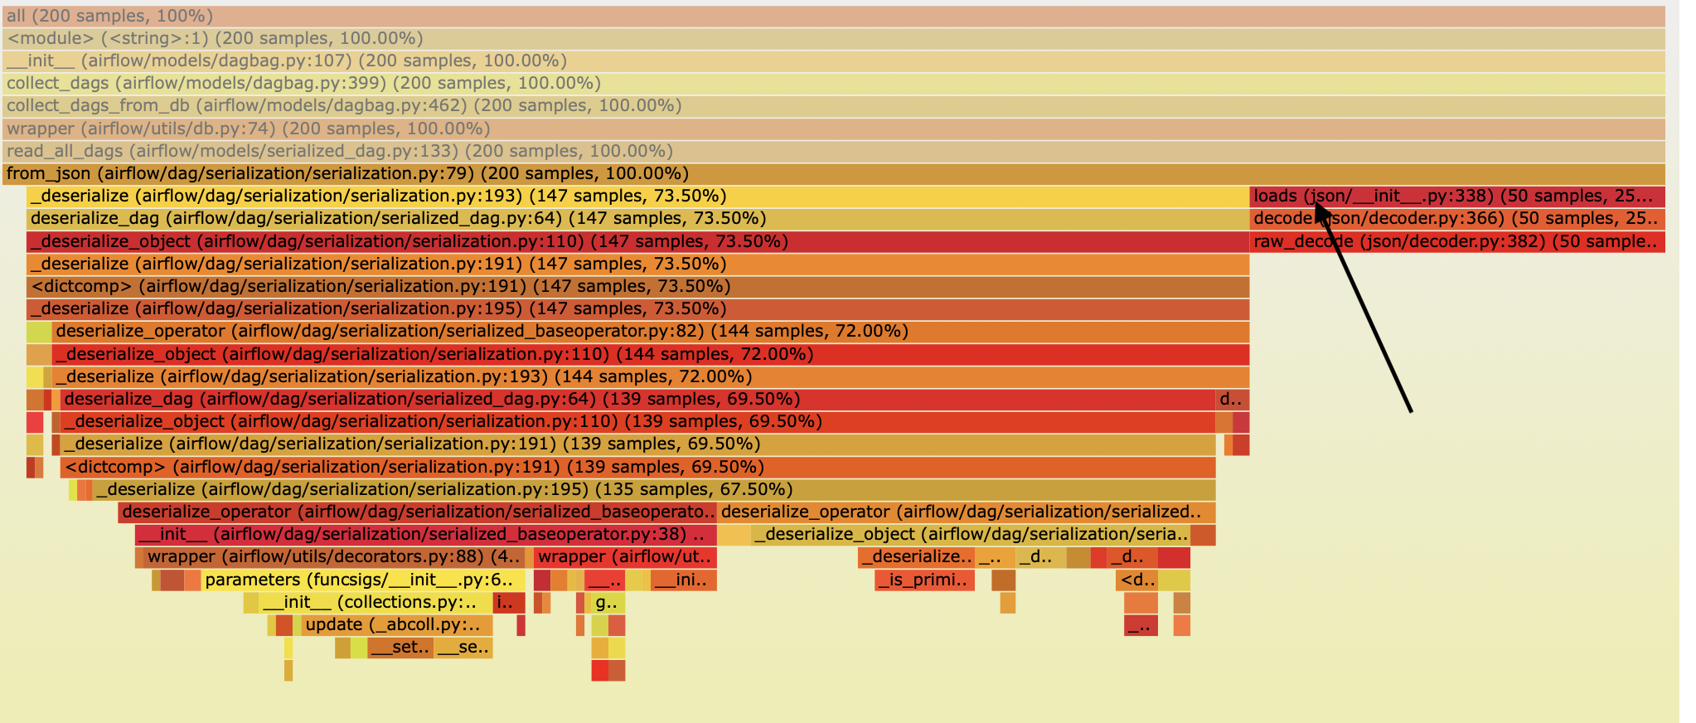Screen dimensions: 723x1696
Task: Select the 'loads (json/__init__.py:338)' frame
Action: [1456, 197]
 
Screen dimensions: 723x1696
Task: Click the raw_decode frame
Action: [1456, 242]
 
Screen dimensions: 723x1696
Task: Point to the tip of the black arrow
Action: [1317, 204]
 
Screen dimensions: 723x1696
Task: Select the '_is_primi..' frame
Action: [923, 580]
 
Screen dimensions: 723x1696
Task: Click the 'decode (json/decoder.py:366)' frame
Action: [1456, 219]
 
